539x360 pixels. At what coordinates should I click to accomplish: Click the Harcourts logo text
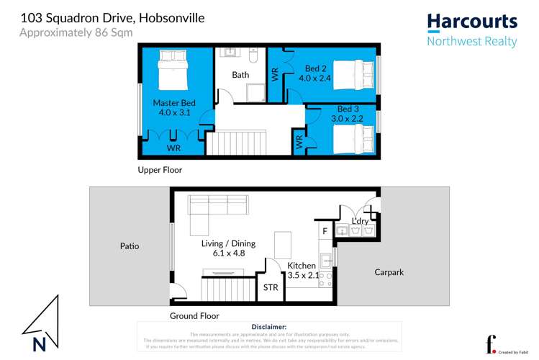tap(472, 22)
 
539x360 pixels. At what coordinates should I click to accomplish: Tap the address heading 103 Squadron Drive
tap(114, 17)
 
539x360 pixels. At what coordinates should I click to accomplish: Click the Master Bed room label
tap(174, 107)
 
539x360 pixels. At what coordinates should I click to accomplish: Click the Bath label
tap(240, 75)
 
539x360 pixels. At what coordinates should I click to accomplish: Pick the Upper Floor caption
tap(160, 171)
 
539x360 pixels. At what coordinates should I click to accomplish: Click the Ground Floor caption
tap(194, 316)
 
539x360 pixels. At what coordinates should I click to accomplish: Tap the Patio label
tap(130, 246)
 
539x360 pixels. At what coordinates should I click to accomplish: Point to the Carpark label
tap(392, 272)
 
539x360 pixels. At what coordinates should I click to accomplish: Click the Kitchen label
tap(302, 270)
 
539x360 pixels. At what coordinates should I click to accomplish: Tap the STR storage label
tap(271, 288)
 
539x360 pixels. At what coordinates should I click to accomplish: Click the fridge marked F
tap(325, 231)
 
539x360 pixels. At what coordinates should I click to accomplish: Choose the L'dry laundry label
tap(359, 221)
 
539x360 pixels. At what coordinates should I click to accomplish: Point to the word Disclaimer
tap(269, 327)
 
